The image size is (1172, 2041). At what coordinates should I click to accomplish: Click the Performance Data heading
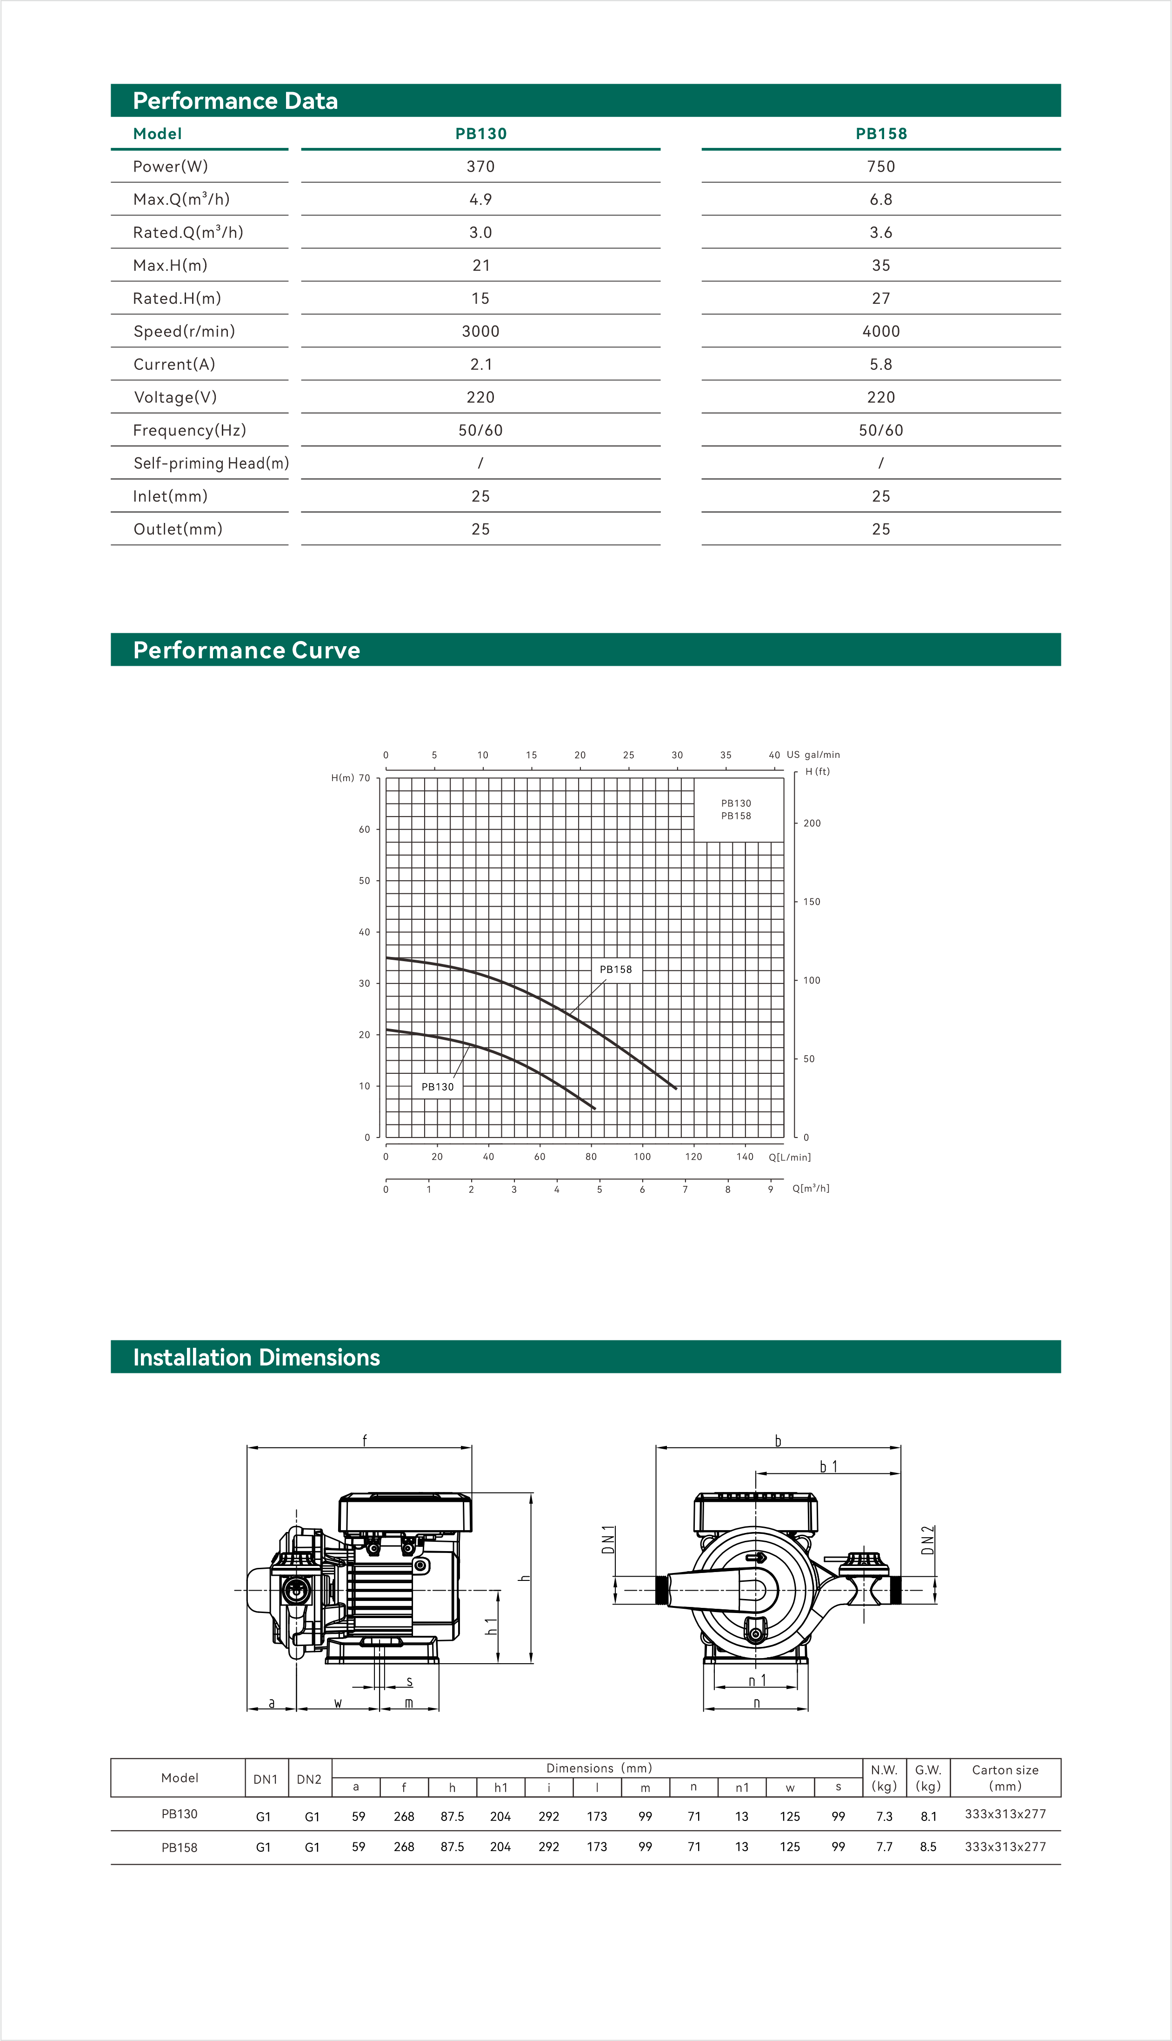(235, 100)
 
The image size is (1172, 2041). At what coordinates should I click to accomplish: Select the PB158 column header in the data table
(880, 134)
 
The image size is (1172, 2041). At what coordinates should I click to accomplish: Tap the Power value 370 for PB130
(480, 167)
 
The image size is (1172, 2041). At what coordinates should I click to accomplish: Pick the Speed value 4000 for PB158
(880, 331)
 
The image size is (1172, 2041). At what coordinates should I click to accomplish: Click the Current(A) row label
(174, 364)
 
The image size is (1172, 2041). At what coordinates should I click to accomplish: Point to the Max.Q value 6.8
(880, 200)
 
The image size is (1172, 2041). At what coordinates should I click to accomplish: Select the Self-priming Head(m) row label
(211, 463)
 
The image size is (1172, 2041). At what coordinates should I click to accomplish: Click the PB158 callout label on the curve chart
(616, 970)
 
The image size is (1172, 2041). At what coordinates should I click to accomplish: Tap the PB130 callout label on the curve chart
(437, 1087)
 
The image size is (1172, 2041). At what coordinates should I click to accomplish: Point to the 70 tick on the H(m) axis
(365, 778)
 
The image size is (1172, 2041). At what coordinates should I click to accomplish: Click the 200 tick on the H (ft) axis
(812, 823)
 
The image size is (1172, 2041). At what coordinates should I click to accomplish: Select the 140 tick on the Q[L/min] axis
(745, 1157)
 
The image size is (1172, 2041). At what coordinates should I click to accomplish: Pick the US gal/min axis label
(813, 755)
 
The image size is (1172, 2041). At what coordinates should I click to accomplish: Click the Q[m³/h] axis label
(811, 1188)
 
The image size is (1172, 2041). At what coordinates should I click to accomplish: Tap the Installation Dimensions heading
(256, 1358)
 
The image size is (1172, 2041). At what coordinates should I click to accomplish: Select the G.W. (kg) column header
(928, 1778)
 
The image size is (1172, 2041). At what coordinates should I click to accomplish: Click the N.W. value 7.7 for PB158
(884, 1847)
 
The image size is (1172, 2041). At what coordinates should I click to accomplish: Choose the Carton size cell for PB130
(1005, 1814)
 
